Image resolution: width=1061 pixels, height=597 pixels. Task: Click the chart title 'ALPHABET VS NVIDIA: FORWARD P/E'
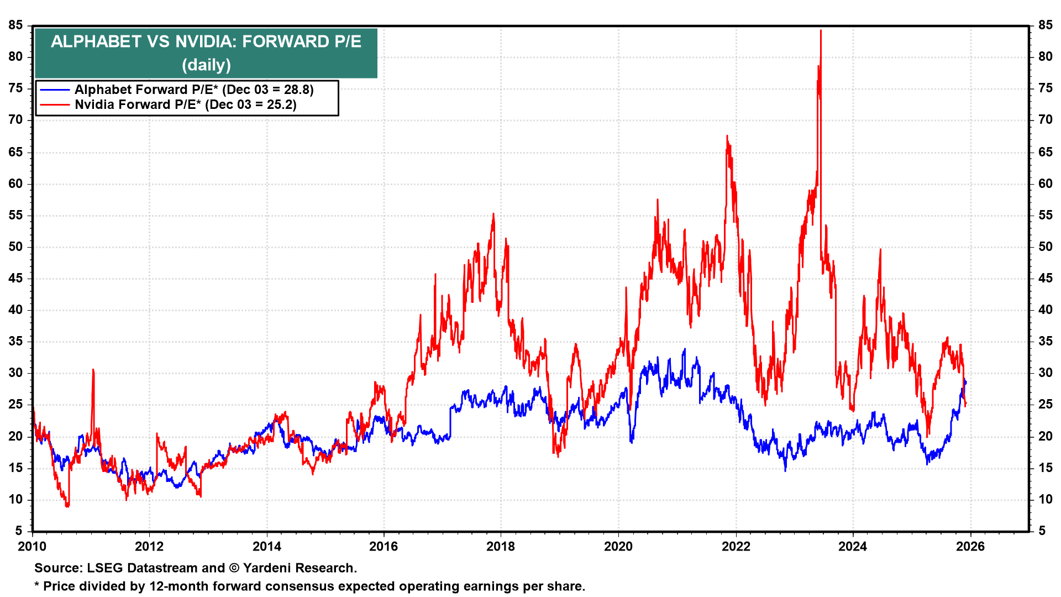(x=206, y=42)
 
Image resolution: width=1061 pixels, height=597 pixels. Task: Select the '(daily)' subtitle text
(x=206, y=65)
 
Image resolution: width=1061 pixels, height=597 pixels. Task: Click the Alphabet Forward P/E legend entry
(x=193, y=90)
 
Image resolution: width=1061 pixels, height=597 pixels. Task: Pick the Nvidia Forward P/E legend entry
(x=185, y=105)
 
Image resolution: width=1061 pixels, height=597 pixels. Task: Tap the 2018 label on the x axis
(x=501, y=547)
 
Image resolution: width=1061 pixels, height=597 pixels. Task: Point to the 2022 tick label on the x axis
(x=736, y=547)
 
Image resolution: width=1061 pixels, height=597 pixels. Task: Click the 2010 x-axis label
(x=32, y=547)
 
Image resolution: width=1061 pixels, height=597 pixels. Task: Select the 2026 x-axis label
(x=970, y=547)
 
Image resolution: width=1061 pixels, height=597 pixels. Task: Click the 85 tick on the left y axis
(x=15, y=25)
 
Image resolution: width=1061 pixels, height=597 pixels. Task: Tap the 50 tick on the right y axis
(x=1045, y=247)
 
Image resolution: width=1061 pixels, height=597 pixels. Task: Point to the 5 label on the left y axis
(x=19, y=531)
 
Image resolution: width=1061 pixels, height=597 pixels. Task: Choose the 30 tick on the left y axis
(x=15, y=373)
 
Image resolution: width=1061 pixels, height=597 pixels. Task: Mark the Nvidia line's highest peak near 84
(x=821, y=31)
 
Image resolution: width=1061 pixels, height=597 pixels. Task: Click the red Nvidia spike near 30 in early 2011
(x=93, y=370)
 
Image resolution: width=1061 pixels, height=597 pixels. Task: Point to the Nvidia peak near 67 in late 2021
(x=727, y=136)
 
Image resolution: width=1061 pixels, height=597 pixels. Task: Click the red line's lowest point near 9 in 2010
(x=67, y=505)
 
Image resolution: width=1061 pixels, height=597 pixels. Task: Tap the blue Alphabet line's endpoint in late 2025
(x=965, y=382)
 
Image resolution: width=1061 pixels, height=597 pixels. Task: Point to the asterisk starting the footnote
(x=37, y=585)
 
